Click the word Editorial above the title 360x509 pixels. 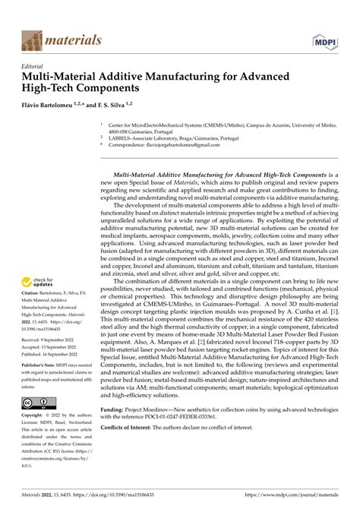coord(34,66)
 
